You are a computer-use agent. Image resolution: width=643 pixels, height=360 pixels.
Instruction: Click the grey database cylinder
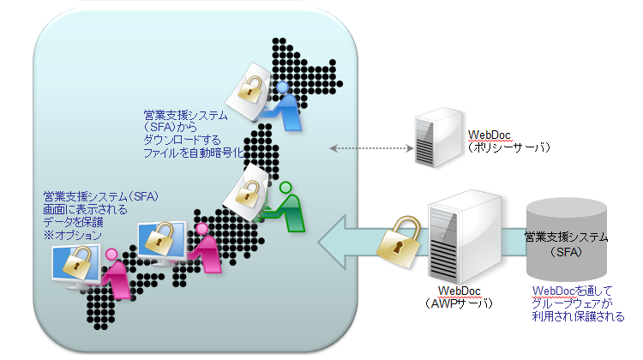coord(565,237)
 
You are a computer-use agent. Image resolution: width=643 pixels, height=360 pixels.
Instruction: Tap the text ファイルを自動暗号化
coord(195,153)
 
